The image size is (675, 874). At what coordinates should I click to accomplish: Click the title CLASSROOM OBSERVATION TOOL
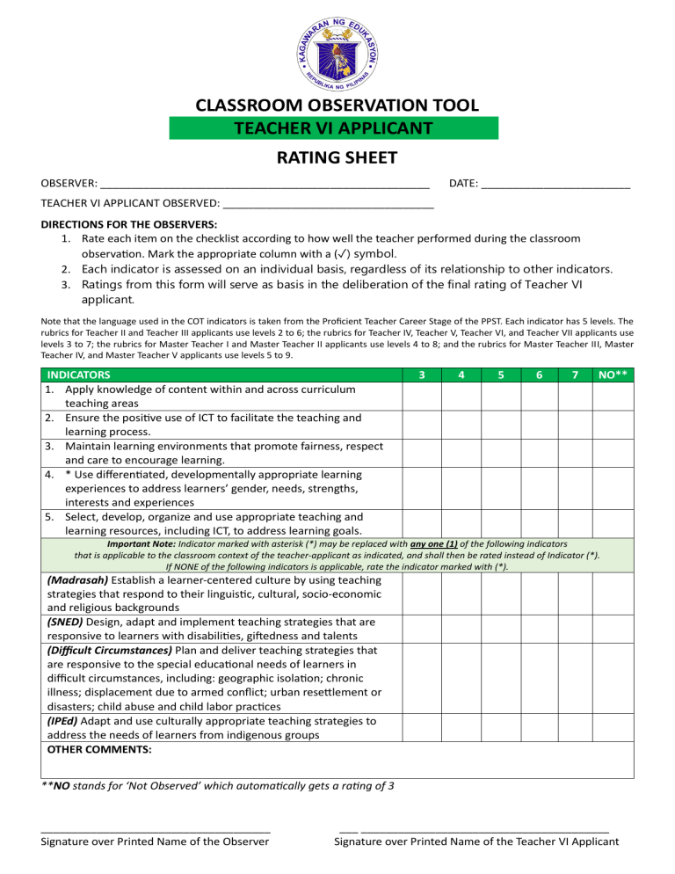(337, 106)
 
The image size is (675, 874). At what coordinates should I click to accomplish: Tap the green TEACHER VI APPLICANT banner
(333, 128)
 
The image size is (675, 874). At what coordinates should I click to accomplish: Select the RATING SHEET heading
(337, 158)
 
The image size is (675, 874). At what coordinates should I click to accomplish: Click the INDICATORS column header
(79, 375)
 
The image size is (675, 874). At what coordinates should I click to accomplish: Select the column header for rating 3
(422, 375)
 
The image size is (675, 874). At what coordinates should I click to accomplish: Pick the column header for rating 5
(500, 375)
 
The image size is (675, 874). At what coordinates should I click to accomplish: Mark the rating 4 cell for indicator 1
(461, 395)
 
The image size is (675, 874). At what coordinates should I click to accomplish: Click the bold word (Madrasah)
(77, 580)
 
